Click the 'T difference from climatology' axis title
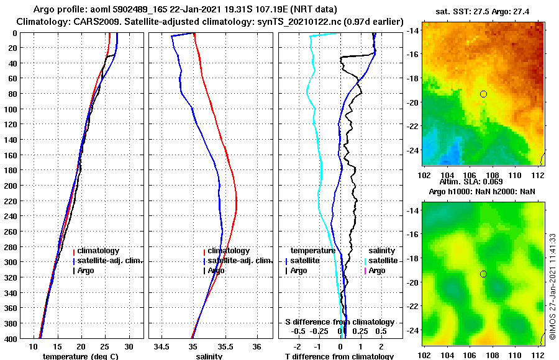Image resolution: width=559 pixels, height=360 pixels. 339,356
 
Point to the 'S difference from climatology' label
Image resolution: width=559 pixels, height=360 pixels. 339,322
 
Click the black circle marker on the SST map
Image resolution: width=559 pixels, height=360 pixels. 483,94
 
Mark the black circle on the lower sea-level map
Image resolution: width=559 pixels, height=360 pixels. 483,274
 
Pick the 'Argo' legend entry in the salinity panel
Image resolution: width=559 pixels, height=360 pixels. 216,271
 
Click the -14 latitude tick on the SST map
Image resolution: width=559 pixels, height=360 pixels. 412,30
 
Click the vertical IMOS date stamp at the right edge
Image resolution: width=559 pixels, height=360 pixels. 553,286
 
